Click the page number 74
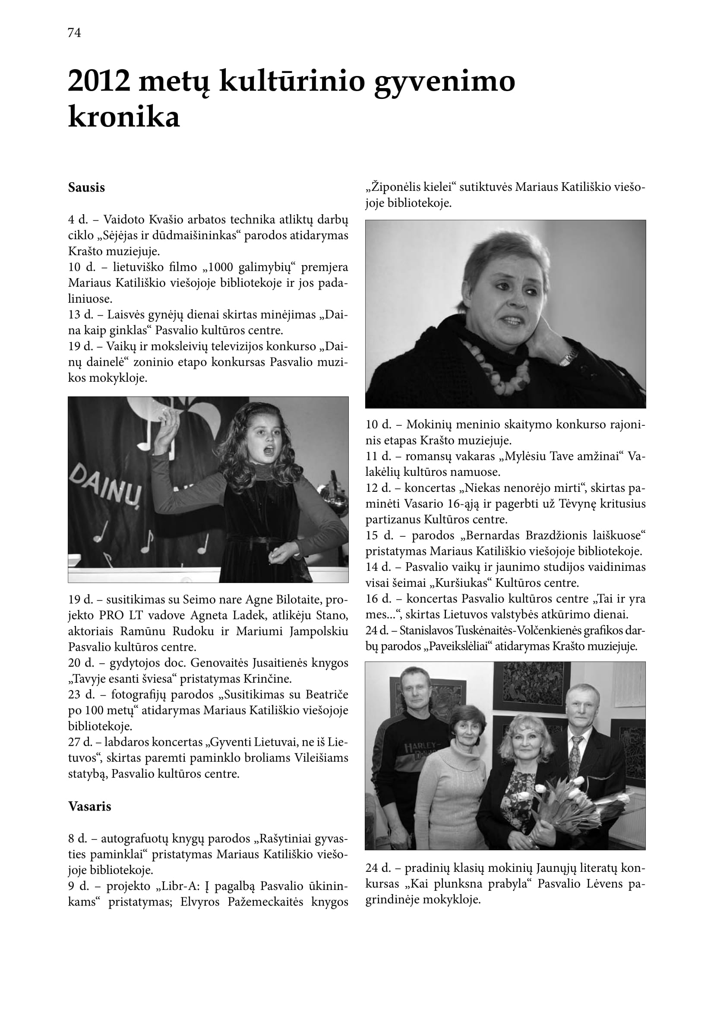pyautogui.click(x=74, y=33)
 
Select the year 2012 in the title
pyautogui.click(x=99, y=81)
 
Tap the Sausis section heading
pyautogui.click(x=87, y=188)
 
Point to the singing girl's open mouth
pyautogui.click(x=269, y=450)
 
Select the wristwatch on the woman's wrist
pyautogui.click(x=568, y=355)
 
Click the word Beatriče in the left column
pyautogui.click(x=327, y=695)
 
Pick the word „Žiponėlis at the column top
pyautogui.click(x=392, y=187)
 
